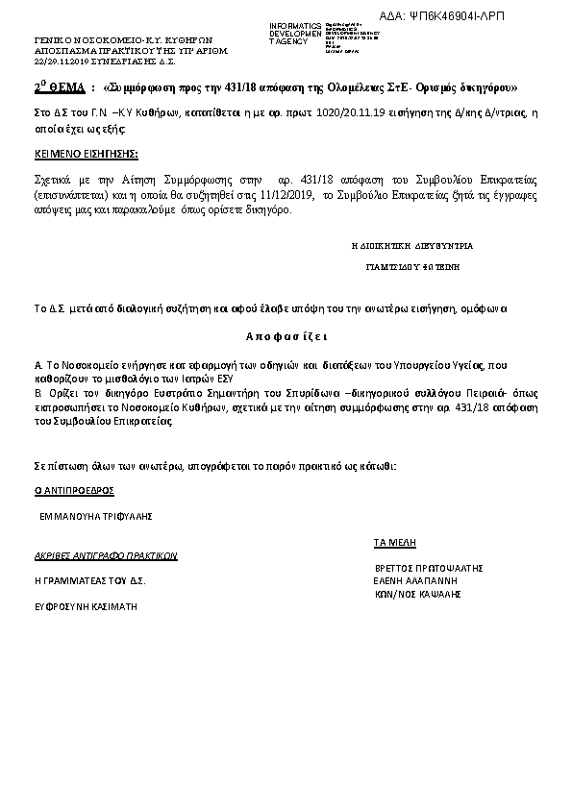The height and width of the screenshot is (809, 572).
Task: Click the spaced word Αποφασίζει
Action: (286, 338)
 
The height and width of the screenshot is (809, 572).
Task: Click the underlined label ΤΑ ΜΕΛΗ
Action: (394, 543)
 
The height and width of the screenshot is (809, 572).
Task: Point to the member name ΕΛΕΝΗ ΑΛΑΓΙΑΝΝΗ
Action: (415, 581)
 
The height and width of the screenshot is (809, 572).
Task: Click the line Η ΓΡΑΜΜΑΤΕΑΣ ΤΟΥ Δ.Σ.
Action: (90, 581)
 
